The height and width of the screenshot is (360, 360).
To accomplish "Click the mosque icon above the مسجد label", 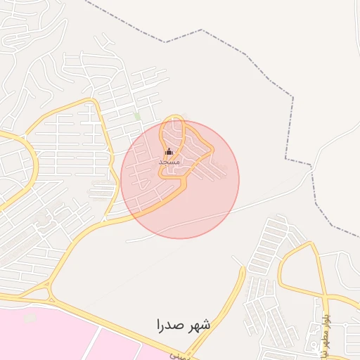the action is click(x=169, y=151).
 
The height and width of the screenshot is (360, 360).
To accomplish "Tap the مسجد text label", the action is click(x=169, y=162).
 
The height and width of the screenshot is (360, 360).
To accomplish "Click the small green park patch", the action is click(x=138, y=116).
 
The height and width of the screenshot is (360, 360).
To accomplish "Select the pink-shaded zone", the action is click(x=84, y=337).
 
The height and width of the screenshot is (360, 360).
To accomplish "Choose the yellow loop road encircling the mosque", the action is click(x=163, y=137).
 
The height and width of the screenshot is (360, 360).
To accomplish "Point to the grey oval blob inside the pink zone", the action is click(x=30, y=319).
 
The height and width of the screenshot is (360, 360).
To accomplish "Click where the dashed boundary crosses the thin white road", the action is click(x=310, y=167).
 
